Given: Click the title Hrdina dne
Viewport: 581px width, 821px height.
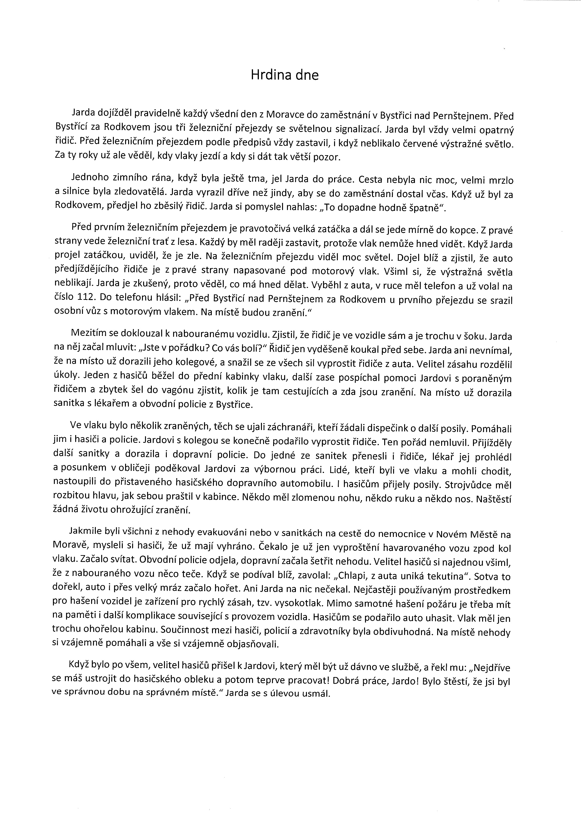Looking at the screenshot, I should [x=284, y=75].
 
